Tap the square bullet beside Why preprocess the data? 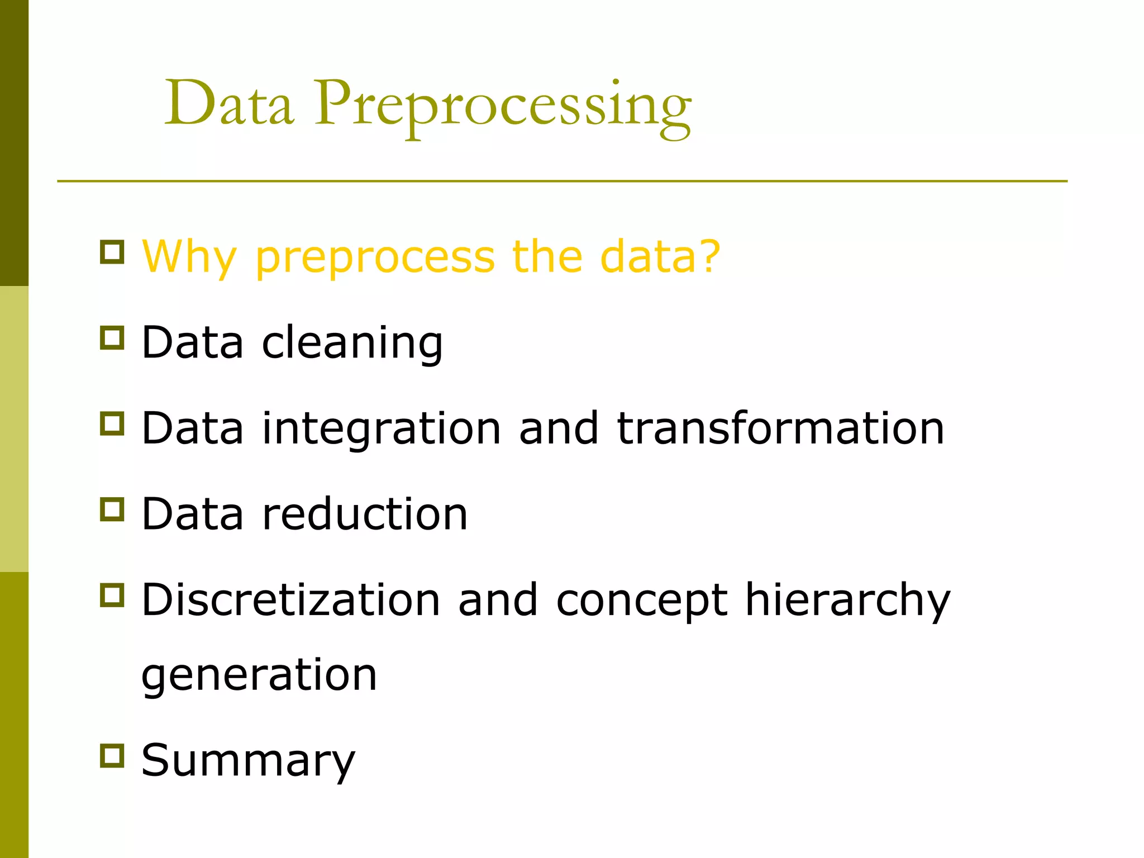[112, 252]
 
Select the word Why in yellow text [190, 257]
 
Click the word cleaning [352, 342]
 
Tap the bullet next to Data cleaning [112, 339]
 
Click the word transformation [780, 428]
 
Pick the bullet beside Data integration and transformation [112, 424]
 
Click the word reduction [365, 514]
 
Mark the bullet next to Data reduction [112, 509]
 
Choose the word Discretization [291, 600]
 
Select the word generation [259, 675]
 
